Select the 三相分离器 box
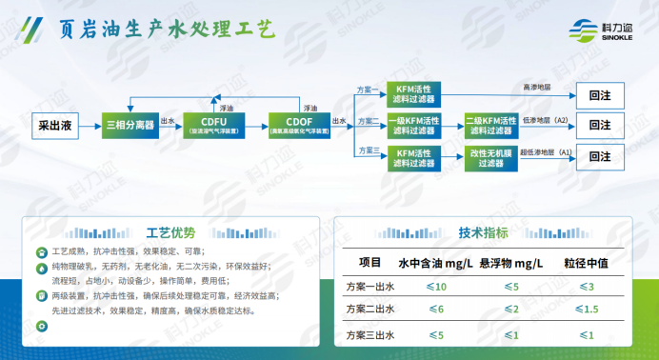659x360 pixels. click(130, 124)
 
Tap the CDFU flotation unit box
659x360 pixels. click(213, 124)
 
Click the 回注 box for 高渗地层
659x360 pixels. click(600, 95)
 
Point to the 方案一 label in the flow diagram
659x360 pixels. click(368, 90)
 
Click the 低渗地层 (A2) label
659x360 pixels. click(545, 120)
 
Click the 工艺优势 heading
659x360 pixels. click(171, 231)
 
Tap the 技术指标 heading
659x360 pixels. click(483, 231)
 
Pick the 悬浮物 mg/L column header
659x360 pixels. click(510, 262)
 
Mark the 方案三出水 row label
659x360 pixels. click(369, 334)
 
